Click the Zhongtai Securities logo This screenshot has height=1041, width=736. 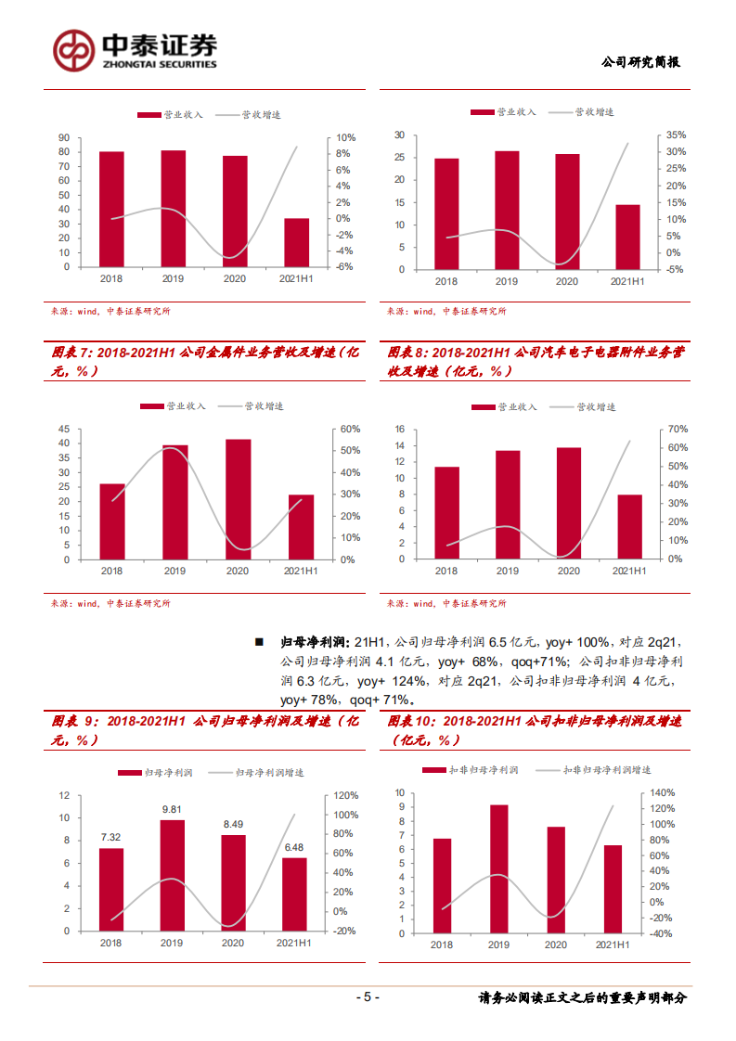coord(135,50)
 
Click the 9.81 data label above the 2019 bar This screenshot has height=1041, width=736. coord(173,809)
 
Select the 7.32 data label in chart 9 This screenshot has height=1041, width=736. coord(111,837)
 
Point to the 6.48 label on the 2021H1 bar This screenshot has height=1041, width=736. coord(294,847)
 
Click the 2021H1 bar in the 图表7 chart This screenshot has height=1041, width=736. coord(301,527)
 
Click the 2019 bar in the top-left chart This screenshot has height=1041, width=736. coord(173,209)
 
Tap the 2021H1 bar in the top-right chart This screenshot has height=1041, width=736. coord(627,238)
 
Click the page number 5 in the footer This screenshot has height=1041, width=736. coord(368,997)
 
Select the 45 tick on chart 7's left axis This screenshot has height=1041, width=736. coord(63,429)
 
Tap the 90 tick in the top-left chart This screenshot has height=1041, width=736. coord(63,138)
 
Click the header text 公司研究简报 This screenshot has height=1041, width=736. coord(640,62)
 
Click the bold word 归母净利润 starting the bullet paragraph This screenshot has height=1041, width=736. coord(313,641)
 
